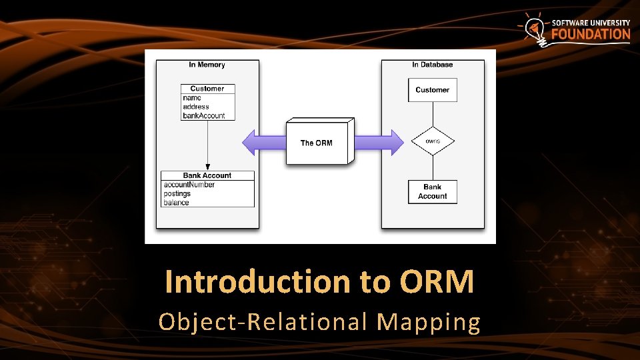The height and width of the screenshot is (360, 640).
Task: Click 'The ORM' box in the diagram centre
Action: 317,143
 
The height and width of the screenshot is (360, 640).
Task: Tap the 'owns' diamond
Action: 433,141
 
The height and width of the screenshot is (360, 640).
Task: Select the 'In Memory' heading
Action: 207,65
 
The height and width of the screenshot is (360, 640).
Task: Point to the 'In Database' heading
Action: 432,65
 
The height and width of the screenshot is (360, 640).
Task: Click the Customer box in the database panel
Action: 433,90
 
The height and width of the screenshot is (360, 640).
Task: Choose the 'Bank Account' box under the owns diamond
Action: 433,191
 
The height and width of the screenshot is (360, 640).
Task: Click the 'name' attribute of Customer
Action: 192,98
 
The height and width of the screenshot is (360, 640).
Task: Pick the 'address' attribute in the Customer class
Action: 196,107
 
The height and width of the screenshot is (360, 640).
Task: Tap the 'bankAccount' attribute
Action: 204,115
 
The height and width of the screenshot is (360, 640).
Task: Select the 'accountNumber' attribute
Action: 189,185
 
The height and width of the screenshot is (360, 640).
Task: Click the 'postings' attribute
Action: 177,194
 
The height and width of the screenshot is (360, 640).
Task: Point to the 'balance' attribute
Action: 177,203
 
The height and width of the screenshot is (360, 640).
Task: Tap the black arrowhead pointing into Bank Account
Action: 207,167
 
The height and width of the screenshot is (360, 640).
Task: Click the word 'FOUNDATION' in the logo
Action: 591,35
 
